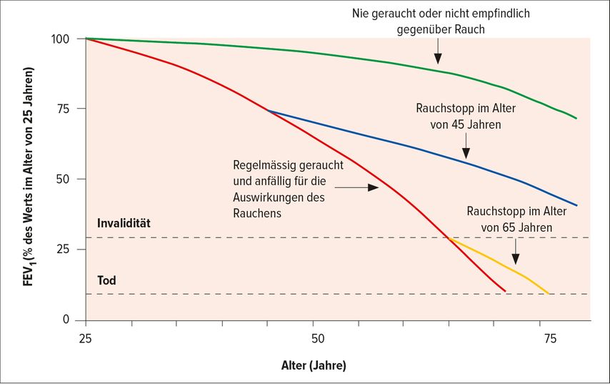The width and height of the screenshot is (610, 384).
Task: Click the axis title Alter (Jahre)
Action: pos(314,365)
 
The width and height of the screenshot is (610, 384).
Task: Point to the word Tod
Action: pos(106,281)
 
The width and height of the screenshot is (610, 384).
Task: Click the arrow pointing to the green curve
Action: pos(438,53)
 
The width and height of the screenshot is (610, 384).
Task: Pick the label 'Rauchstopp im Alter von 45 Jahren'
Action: pos(466,116)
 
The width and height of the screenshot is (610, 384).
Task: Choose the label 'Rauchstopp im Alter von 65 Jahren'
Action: pos(516,220)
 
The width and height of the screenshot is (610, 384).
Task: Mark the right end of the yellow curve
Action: pos(548,293)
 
